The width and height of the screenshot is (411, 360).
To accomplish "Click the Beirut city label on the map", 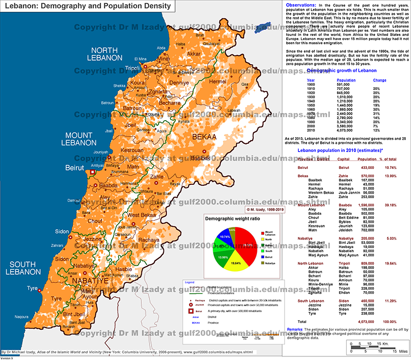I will [75, 168].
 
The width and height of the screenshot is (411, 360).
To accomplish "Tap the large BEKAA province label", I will [204, 137].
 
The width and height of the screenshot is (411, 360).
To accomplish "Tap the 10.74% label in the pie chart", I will [225, 237].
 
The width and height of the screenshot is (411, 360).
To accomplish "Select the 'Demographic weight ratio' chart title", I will [229, 219].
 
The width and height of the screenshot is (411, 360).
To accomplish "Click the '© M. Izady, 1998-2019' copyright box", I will [266, 210].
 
